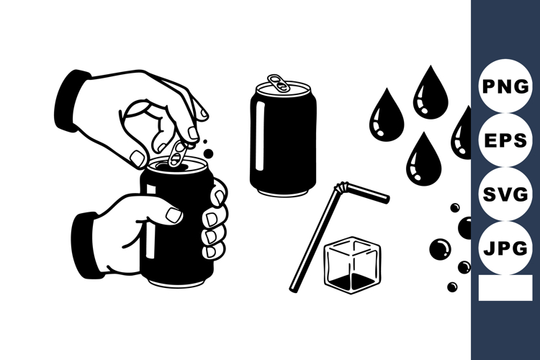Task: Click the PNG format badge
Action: (x=505, y=87)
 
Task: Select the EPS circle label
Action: (x=505, y=141)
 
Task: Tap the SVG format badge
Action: (x=505, y=195)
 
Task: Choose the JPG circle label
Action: (x=505, y=249)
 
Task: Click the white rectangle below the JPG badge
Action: (x=505, y=288)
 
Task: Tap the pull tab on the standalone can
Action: (x=279, y=83)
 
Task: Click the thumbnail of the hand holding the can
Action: (x=174, y=215)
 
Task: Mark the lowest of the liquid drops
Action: (x=423, y=160)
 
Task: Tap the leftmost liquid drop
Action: (x=386, y=117)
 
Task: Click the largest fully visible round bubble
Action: (x=439, y=249)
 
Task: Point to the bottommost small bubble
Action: (x=452, y=287)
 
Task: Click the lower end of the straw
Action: (x=294, y=287)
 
